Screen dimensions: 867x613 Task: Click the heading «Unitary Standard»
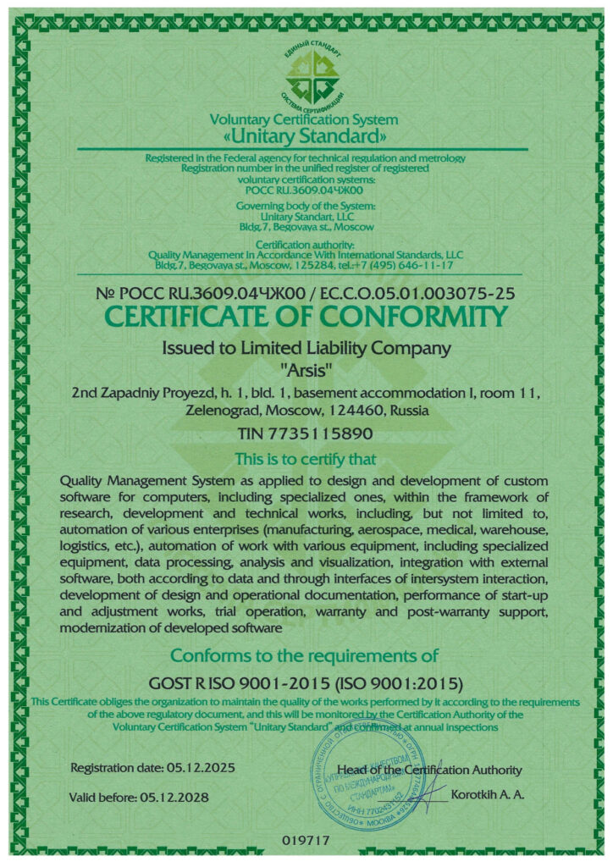point(304,136)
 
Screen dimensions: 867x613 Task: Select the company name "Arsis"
point(306,368)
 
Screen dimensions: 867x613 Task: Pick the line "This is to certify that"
point(306,460)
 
